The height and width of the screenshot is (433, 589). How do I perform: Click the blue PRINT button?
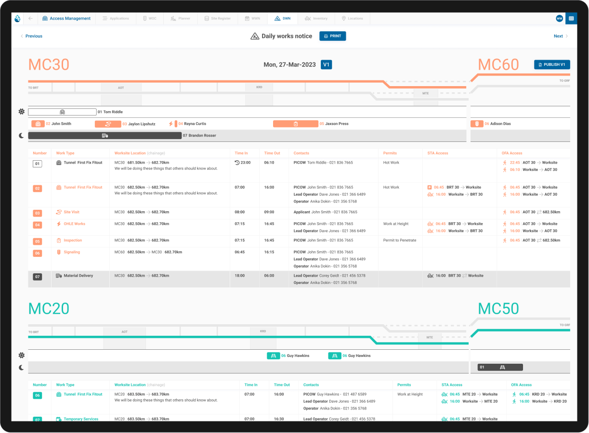[332, 36]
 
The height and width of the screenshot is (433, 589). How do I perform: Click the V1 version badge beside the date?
[327, 64]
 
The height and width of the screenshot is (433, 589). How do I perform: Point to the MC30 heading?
[49, 65]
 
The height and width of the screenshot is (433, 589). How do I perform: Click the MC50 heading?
[498, 308]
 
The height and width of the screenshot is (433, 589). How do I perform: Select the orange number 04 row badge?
[37, 225]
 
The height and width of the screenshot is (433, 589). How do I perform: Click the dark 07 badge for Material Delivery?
[37, 277]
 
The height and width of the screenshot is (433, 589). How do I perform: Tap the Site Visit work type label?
[71, 212]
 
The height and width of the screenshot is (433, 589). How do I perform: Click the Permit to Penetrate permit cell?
[399, 240]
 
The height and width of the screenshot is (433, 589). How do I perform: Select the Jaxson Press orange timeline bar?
[295, 124]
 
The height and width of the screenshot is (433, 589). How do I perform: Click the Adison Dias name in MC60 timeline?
[500, 124]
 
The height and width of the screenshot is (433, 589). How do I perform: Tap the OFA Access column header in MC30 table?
[512, 153]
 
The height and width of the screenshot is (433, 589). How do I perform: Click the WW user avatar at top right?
[559, 18]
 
